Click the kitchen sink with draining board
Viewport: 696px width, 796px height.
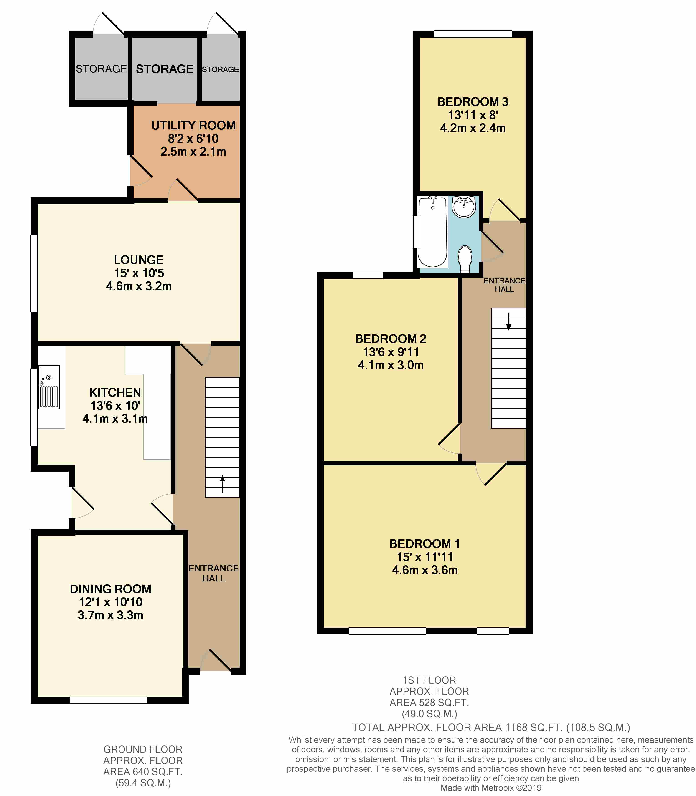[49, 387]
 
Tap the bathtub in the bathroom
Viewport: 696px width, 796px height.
[432, 232]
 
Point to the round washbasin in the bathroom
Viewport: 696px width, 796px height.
[464, 207]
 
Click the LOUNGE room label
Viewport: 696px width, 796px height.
[139, 260]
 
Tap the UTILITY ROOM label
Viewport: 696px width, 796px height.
[193, 125]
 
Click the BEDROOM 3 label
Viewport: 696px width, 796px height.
[473, 102]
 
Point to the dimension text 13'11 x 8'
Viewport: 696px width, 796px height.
[473, 115]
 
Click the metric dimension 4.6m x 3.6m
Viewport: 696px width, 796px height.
[425, 570]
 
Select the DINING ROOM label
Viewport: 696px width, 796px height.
[111, 589]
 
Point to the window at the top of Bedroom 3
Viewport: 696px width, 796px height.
[473, 34]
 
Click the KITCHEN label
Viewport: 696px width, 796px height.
[115, 393]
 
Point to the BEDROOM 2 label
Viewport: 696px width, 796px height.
[391, 339]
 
